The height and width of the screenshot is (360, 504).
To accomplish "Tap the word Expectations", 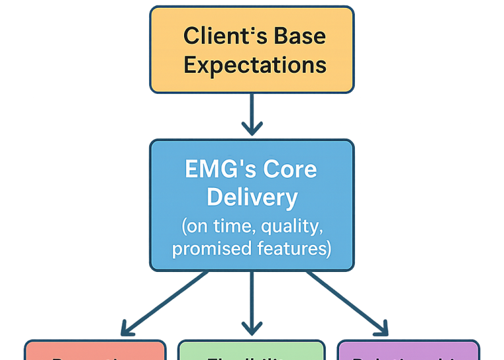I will click(255, 65).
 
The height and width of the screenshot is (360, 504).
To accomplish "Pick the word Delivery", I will click(252, 197).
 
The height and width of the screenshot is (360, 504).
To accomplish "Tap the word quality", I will click(292, 228).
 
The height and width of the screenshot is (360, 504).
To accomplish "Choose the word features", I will click(287, 248).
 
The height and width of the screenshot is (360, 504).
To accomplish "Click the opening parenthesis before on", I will click(184, 227).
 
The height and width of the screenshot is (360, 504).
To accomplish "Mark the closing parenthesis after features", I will click(329, 249).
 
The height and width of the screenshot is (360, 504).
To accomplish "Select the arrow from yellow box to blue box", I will click(252, 115).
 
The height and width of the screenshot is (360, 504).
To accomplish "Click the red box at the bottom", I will click(95, 351).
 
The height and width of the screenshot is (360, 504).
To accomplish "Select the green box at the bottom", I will click(252, 351).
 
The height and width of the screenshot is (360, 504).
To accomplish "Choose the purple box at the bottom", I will click(408, 351).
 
